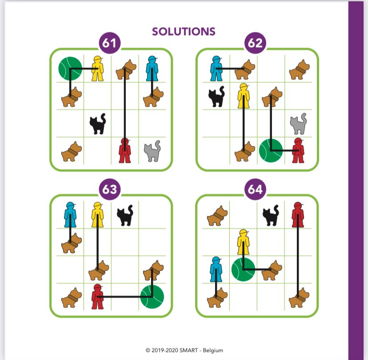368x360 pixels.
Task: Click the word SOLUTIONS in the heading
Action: pos(184,32)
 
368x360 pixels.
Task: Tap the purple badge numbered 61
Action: pos(110,43)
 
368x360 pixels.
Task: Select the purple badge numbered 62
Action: pos(256,43)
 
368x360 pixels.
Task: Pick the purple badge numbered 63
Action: pos(110,189)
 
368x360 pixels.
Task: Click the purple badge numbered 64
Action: pos(256,189)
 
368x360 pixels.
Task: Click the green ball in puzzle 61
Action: pos(70,69)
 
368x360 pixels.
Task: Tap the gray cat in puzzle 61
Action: pos(152,151)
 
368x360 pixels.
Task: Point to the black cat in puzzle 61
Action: pos(98,124)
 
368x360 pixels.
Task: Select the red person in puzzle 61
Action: pos(125,150)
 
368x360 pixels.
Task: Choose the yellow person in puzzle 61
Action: pos(97,69)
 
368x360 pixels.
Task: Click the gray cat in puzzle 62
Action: pos(298,124)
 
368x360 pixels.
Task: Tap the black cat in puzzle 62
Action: pos(216,97)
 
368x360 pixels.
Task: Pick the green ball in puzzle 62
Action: pos(271,150)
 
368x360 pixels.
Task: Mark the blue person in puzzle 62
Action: pos(216,69)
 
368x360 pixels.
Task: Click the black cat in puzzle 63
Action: pos(125,215)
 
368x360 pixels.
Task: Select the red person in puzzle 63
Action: pos(97,297)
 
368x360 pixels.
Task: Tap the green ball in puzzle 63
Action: pos(152,296)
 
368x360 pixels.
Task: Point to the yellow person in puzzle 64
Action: pos(244,242)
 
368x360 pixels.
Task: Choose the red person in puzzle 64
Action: pos(298,215)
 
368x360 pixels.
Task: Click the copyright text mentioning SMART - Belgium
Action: pos(184,350)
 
